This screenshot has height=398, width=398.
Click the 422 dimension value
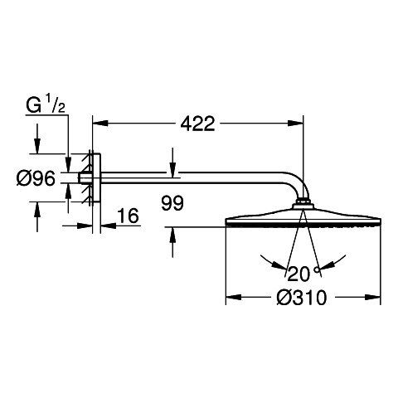pos(197,124)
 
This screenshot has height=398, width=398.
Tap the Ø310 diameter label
pos(302,298)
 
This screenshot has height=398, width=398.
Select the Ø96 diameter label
pos(36,178)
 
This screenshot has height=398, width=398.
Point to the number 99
pos(172,203)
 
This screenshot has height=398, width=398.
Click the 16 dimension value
pos(128,216)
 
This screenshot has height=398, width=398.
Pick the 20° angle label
pos(303,274)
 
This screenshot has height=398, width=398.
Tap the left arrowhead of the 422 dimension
pos(100,123)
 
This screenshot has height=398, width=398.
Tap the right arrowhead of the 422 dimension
pos(296,123)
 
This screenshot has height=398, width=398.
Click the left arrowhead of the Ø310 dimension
pos(234,298)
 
